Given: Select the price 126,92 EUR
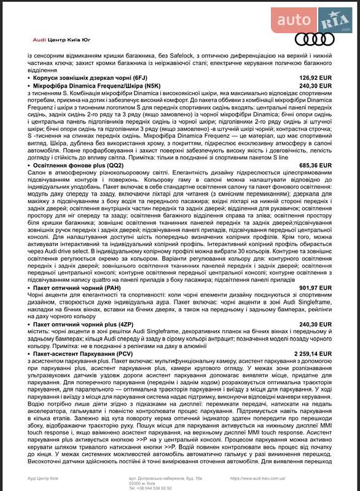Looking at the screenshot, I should (315, 78).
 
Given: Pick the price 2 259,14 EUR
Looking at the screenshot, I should (311, 354).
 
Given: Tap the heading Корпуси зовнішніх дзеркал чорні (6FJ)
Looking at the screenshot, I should (90, 78).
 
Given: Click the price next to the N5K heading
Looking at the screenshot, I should (315, 86).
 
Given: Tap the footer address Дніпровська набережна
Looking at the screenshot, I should (161, 476).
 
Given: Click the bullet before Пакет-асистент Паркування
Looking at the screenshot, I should (30, 354).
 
